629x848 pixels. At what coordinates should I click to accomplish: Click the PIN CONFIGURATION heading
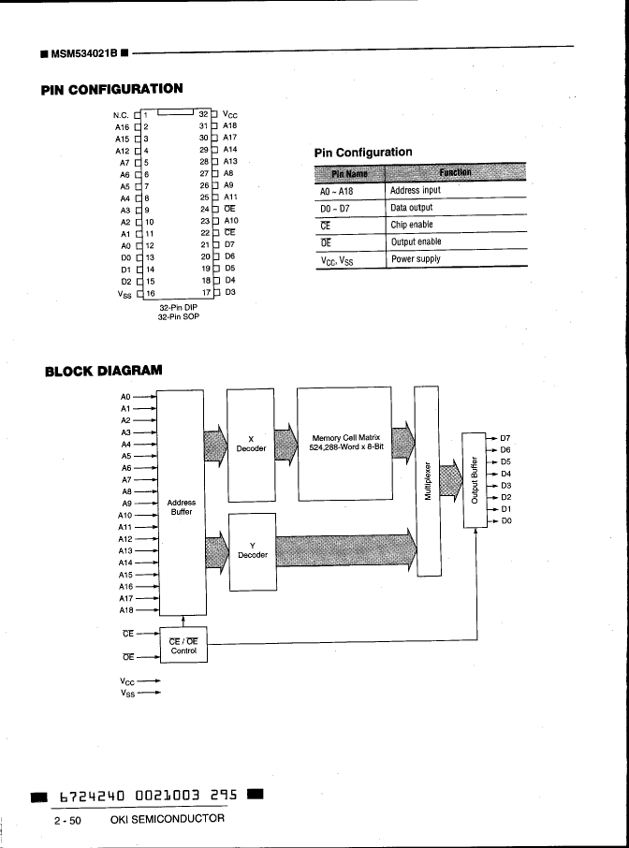pyautogui.click(x=111, y=89)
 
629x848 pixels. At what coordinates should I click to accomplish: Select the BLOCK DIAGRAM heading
pyautogui.click(x=103, y=371)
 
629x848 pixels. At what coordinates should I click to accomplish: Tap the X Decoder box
pyautogui.click(x=251, y=443)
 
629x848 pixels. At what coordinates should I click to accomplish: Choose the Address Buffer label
pyautogui.click(x=181, y=507)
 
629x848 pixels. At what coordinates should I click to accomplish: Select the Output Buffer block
pyautogui.click(x=475, y=479)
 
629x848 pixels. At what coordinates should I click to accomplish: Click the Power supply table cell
pyautogui.click(x=416, y=258)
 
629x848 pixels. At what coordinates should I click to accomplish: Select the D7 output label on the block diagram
pyautogui.click(x=505, y=438)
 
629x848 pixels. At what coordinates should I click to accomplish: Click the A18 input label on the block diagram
pyautogui.click(x=126, y=610)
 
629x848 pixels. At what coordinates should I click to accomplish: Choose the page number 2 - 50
pyautogui.click(x=67, y=820)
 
